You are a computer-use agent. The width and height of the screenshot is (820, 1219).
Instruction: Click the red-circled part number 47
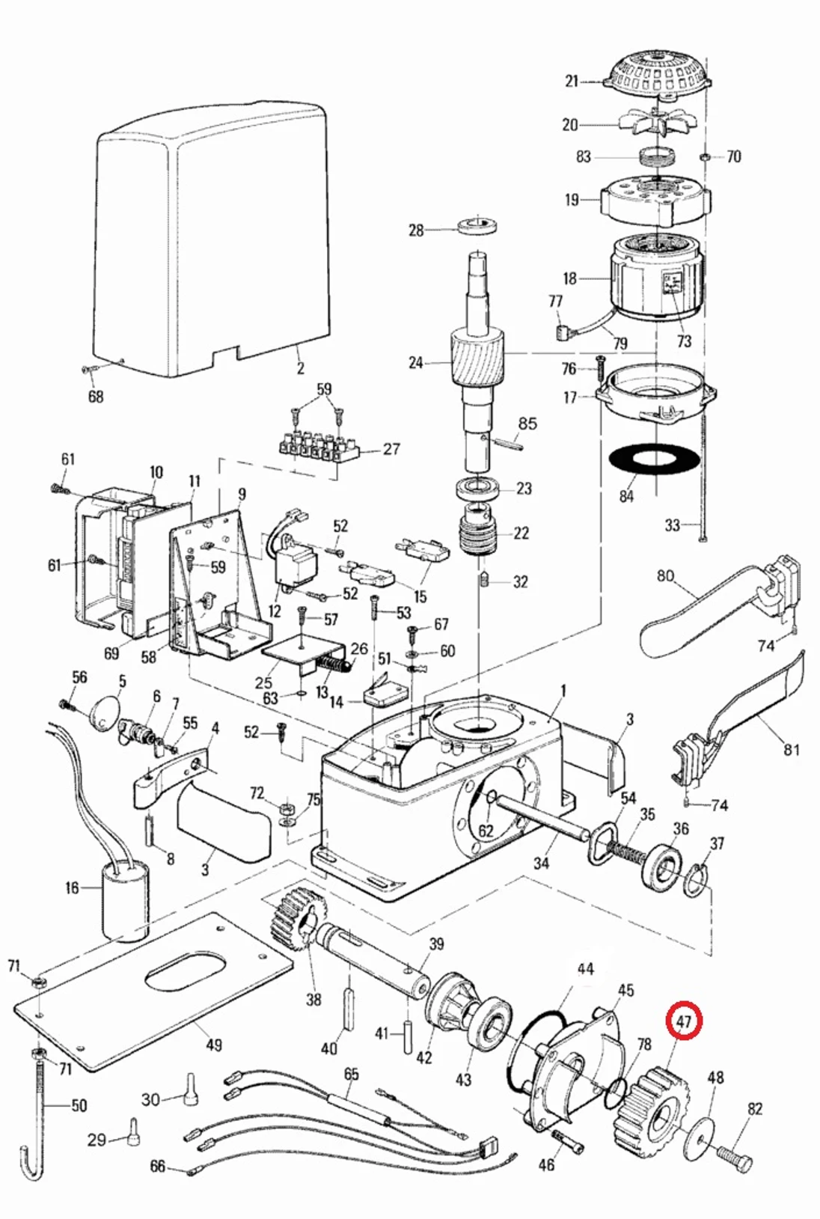tap(684, 1020)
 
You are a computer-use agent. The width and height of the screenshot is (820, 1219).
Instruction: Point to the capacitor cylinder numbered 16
tap(124, 901)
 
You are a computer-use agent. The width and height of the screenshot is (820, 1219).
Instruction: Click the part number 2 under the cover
tap(300, 368)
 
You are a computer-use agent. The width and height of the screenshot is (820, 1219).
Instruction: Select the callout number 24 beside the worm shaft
tap(416, 363)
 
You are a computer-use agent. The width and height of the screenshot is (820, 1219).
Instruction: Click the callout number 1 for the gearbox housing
tap(563, 690)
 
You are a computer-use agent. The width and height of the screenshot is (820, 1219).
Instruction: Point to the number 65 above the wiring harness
tap(351, 1074)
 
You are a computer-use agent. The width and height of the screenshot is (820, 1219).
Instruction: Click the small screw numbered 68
tap(90, 370)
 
